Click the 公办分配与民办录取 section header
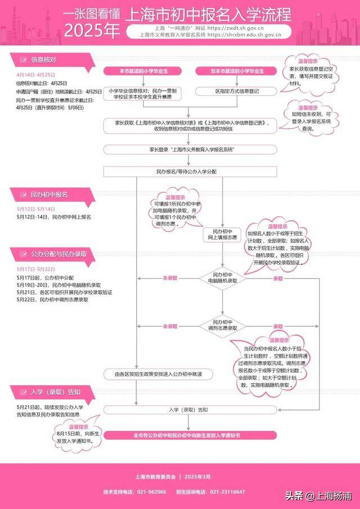pyautogui.click(x=59, y=254)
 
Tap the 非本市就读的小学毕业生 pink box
pyautogui.click(x=237, y=70)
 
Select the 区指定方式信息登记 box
pyautogui.click(x=237, y=91)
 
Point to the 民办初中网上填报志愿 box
pyautogui.click(x=222, y=234)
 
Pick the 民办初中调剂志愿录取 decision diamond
pyautogui.click(x=222, y=325)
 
